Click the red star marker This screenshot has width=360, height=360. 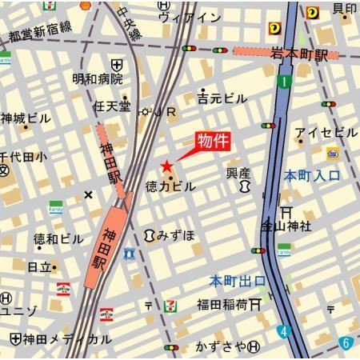(x=166, y=166)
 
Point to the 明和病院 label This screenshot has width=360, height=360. (x=98, y=78)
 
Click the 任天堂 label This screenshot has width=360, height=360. (x=111, y=105)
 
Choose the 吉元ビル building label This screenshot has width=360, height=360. (x=222, y=98)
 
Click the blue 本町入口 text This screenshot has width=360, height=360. (x=312, y=175)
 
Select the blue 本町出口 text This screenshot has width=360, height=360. (x=238, y=281)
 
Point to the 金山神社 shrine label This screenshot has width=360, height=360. (x=287, y=226)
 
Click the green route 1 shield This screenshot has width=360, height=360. (x=283, y=81)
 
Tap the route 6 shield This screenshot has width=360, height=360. (x=346, y=342)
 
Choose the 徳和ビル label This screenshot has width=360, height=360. (x=58, y=238)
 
